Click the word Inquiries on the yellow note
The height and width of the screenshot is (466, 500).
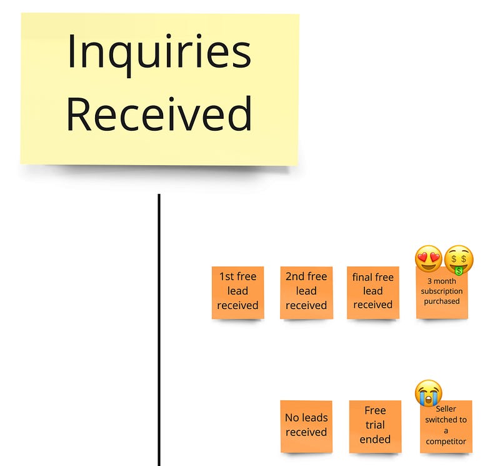(159, 54)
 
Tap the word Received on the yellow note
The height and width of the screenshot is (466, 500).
(159, 114)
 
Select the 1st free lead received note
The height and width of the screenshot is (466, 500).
(238, 293)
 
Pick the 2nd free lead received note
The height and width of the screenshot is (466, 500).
(306, 293)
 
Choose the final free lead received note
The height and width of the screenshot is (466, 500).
(373, 293)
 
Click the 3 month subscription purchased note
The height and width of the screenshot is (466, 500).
(442, 293)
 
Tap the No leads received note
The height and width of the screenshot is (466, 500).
(306, 427)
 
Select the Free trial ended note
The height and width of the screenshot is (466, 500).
(376, 427)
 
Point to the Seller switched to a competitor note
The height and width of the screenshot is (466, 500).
(446, 427)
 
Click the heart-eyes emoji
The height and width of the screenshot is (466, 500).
(429, 259)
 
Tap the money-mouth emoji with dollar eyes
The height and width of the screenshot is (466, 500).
(459, 260)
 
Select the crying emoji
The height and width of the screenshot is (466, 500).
(429, 393)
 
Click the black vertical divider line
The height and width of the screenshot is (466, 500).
(159, 330)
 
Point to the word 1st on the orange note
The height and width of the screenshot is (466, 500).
(226, 276)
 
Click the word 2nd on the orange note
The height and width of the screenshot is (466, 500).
(292, 276)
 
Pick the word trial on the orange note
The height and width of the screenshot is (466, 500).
(375, 425)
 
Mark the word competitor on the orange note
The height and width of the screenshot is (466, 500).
(446, 442)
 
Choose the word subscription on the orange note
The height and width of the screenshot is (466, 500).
(442, 291)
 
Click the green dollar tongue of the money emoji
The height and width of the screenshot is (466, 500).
(459, 271)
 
